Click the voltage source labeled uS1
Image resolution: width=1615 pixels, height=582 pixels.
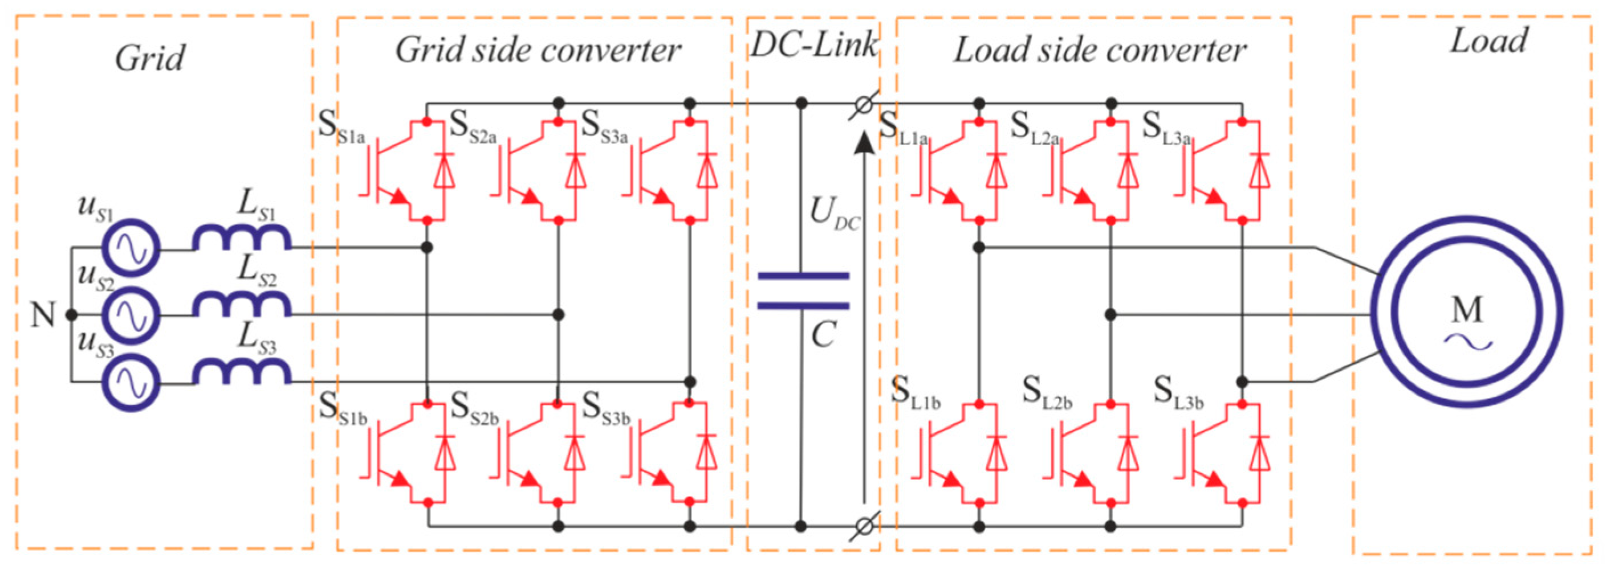pos(131,248)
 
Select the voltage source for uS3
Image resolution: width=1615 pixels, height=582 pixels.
pos(131,382)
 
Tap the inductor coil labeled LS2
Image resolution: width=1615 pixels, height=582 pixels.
pos(241,305)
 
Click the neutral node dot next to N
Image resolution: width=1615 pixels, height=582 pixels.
pos(71,314)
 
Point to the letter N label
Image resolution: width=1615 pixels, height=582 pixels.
pos(43,315)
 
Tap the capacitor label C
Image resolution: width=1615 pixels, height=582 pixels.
pos(823,334)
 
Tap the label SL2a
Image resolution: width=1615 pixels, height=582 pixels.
pos(1035,129)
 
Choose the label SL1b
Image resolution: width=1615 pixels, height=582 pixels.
pos(916,394)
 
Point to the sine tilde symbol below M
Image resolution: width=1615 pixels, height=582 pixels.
pos(1467,342)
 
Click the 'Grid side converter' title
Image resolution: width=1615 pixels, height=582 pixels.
pos(538,50)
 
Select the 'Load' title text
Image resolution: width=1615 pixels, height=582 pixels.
pos(1489,42)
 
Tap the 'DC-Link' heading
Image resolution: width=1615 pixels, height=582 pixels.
pos(813,45)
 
